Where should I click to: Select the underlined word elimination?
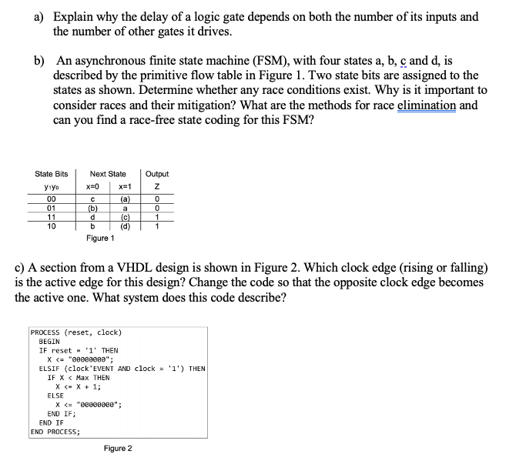click(426, 106)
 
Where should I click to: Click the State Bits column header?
click(52, 175)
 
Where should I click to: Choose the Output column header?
click(156, 175)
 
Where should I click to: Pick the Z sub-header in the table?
click(156, 189)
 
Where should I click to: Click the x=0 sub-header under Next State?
click(94, 189)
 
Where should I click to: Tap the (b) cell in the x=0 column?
click(94, 209)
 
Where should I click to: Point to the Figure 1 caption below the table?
click(101, 239)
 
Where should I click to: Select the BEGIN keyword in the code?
click(49, 341)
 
